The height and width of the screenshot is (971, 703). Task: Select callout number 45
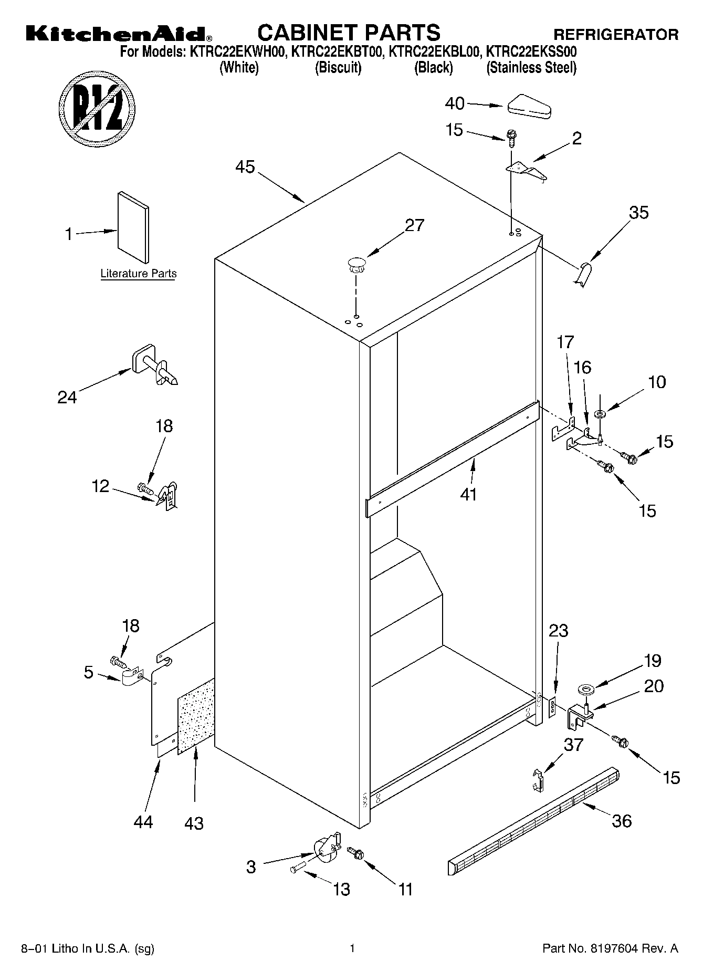(245, 167)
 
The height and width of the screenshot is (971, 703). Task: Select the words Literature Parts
(138, 274)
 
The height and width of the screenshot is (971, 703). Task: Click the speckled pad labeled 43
(196, 716)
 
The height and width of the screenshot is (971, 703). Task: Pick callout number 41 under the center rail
(468, 494)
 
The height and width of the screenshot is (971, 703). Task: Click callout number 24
(67, 397)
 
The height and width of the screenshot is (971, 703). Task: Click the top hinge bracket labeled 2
(526, 171)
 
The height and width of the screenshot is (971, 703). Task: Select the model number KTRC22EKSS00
(531, 51)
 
